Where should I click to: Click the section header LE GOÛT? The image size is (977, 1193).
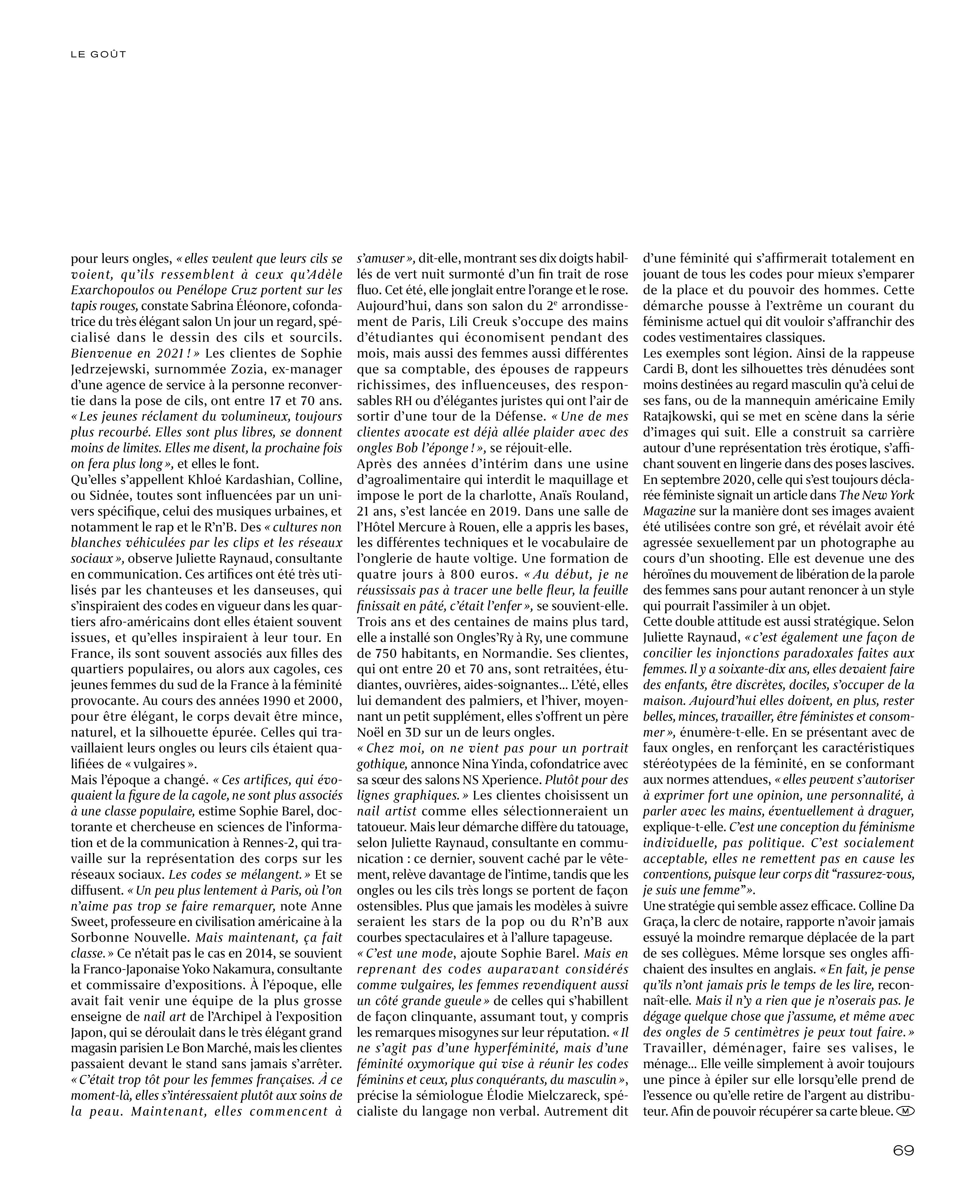point(99,55)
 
